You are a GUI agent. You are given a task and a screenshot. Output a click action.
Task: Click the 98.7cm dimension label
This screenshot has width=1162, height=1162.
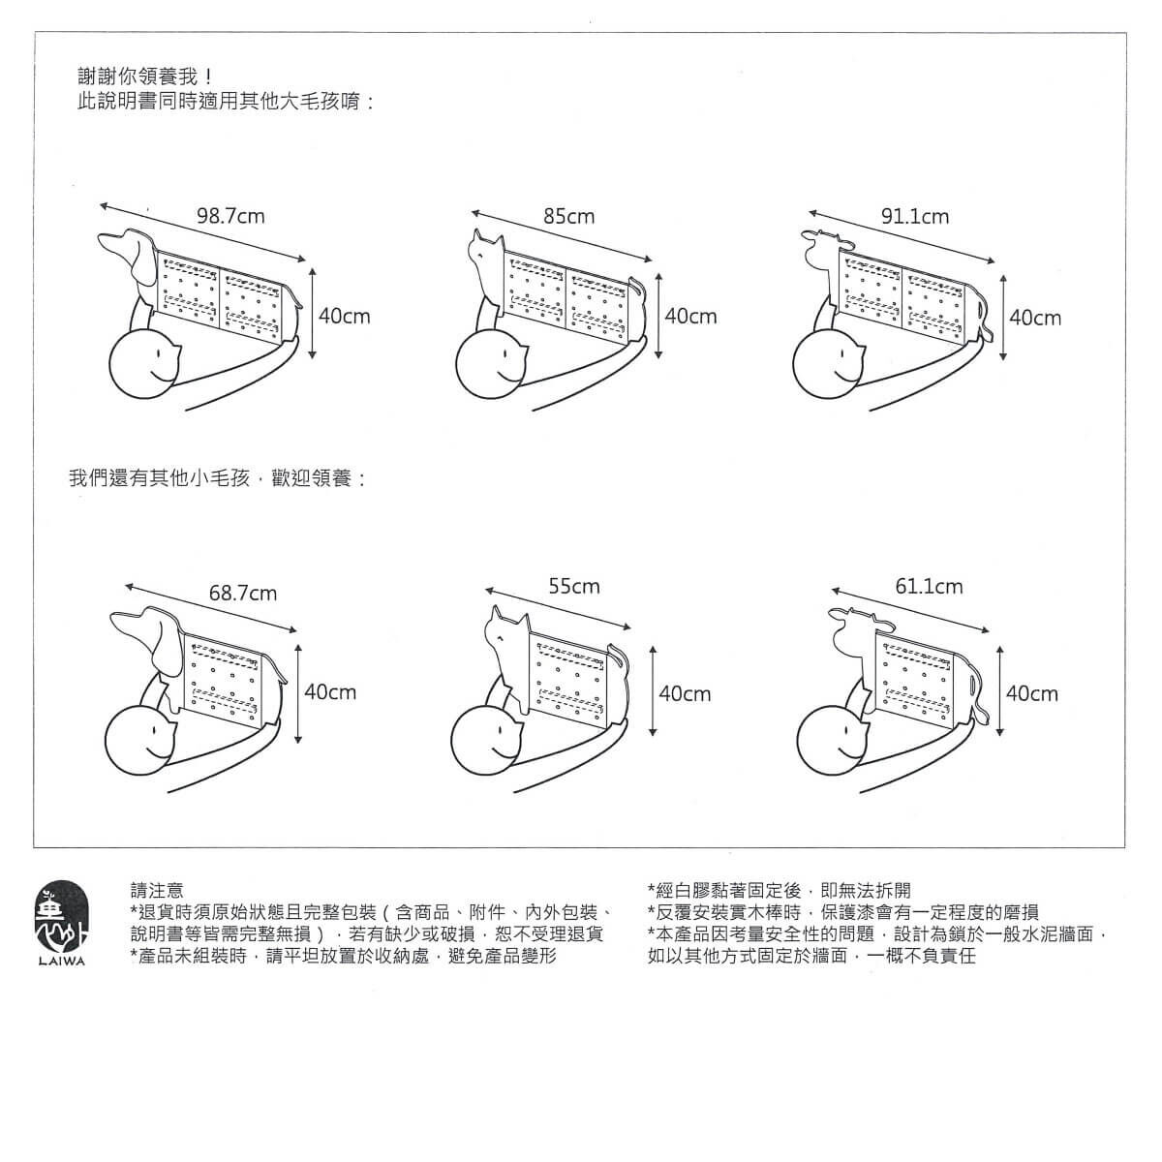(231, 216)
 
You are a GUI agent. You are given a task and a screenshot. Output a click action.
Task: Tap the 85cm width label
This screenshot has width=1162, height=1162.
(568, 216)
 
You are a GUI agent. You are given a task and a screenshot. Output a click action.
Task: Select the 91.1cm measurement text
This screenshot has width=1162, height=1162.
(915, 216)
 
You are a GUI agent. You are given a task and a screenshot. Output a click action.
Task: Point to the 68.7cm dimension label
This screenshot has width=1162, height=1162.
(243, 594)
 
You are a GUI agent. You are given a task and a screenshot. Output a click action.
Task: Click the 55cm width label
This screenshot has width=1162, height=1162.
(574, 586)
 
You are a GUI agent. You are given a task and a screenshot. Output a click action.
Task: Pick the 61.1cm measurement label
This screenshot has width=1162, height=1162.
(929, 586)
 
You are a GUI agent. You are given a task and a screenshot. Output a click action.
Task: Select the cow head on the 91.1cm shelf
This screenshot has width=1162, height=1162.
(826, 247)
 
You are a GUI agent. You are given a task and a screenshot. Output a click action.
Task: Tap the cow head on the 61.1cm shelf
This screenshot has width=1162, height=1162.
(853, 630)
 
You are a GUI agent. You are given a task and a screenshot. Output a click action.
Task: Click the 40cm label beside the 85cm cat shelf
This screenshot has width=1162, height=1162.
(691, 316)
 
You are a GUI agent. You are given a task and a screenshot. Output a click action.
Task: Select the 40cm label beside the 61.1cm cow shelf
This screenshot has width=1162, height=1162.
(1031, 693)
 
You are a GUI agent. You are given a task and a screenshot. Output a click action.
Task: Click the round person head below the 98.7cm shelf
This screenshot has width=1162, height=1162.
(144, 364)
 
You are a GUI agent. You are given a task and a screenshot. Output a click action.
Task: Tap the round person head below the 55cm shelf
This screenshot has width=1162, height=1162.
(488, 741)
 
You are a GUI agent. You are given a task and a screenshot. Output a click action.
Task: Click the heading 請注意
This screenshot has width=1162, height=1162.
(157, 890)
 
